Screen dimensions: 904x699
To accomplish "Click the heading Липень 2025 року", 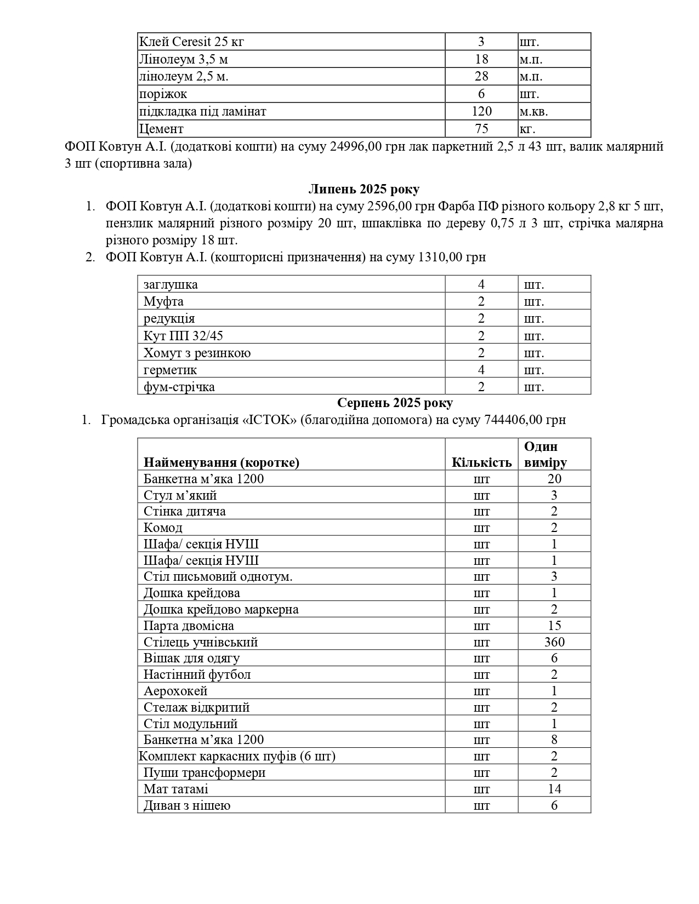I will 363,190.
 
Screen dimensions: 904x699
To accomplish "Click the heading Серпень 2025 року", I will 395,403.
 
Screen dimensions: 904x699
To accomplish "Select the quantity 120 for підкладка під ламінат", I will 481,112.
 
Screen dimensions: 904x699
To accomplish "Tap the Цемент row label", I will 161,129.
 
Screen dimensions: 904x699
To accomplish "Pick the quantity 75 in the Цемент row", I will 481,129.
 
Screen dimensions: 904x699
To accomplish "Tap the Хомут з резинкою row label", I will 197,353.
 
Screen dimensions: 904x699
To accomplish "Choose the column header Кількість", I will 481,462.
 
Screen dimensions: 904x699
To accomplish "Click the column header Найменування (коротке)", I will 221,462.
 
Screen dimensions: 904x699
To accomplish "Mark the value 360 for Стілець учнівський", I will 554,642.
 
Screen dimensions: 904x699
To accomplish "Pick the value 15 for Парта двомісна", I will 554,626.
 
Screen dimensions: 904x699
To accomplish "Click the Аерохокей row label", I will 175,691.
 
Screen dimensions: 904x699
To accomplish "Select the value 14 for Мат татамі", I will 554,789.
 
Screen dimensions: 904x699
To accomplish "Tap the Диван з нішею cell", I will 187,805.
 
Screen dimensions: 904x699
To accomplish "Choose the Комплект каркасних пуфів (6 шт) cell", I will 237,757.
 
